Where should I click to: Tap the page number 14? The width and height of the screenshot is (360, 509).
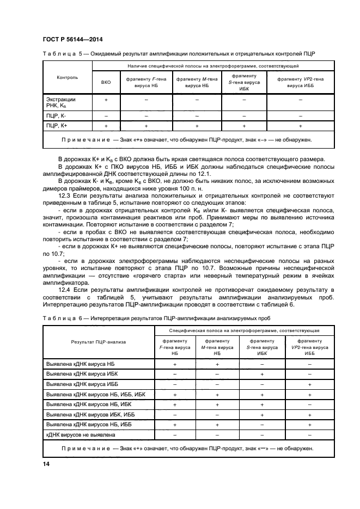click(x=46, y=463)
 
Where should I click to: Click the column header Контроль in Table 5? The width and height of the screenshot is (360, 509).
click(x=67, y=77)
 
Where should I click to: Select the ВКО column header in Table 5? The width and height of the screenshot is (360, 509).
click(x=106, y=82)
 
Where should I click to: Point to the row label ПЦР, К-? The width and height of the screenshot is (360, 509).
click(x=56, y=116)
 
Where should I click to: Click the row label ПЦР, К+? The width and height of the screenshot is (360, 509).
click(x=57, y=126)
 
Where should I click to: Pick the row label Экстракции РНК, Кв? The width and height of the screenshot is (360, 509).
click(x=60, y=103)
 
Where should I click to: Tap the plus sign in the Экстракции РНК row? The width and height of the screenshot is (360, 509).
click(x=106, y=100)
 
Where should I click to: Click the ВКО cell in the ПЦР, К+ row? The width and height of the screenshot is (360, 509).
click(x=106, y=126)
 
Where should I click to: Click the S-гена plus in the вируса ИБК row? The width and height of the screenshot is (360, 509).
click(x=262, y=374)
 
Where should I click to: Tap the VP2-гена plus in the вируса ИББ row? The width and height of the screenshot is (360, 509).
click(x=309, y=384)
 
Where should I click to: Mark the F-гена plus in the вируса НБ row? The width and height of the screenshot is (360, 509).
click(x=175, y=364)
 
